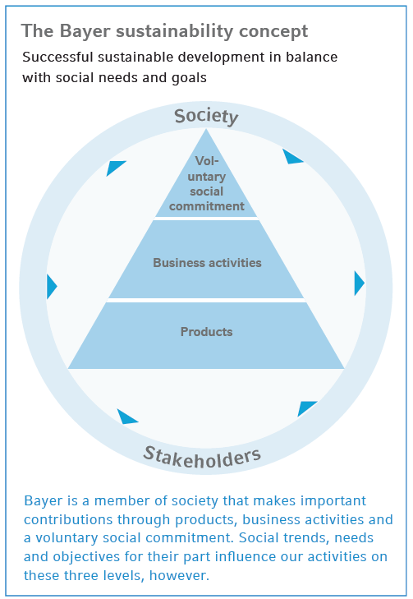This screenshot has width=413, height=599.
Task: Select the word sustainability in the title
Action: [x=168, y=31]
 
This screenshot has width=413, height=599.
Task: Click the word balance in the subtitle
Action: [x=309, y=58]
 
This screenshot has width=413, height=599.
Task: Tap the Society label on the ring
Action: [x=206, y=117]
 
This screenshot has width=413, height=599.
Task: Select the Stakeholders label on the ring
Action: [x=202, y=454]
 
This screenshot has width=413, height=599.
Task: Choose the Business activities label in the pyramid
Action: [x=207, y=263]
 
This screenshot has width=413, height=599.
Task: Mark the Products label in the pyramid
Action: [x=206, y=332]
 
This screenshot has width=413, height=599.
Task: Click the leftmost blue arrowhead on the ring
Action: [x=52, y=287]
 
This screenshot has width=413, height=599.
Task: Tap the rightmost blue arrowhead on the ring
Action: [x=359, y=283]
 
